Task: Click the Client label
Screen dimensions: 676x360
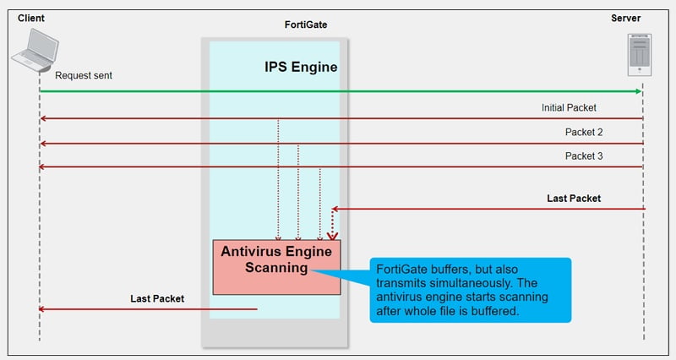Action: tap(31, 18)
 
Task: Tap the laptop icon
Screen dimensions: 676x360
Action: tap(35, 50)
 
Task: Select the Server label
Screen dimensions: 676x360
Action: tap(625, 18)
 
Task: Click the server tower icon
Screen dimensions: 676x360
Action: tap(640, 55)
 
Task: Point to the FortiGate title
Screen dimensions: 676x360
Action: tap(306, 25)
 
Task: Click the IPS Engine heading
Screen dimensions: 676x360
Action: tap(301, 67)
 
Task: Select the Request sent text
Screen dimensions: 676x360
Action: tap(84, 75)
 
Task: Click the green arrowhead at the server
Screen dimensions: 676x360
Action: tap(639, 91)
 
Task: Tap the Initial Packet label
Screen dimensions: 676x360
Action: tap(569, 108)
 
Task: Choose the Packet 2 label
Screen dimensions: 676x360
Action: tap(584, 132)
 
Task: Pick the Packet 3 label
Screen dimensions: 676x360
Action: tap(584, 156)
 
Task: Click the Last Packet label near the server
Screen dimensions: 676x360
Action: tap(574, 199)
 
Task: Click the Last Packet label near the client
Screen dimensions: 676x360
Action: tap(157, 298)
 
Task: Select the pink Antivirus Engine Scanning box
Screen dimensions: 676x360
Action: tap(276, 267)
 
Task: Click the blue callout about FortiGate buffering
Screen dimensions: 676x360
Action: tap(471, 290)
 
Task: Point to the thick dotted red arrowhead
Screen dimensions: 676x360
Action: tap(332, 237)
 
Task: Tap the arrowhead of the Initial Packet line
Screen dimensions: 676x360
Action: tap(43, 118)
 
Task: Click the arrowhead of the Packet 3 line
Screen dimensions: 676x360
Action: tap(41, 166)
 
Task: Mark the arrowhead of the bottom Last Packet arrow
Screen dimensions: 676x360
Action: tap(41, 309)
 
